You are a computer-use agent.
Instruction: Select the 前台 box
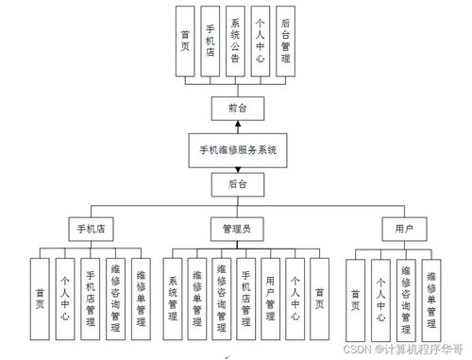pos(237,109)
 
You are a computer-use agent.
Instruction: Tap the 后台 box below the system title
pos(237,185)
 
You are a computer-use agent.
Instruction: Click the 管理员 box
pos(236,229)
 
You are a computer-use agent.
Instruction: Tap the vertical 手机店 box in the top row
pos(209,41)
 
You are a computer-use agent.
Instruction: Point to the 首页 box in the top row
pos(184,41)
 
